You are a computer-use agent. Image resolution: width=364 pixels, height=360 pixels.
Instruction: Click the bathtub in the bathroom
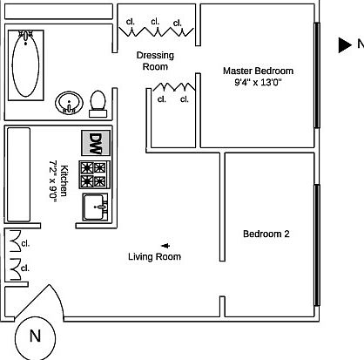(26, 65)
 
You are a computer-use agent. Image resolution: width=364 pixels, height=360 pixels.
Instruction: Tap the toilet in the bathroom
(98, 105)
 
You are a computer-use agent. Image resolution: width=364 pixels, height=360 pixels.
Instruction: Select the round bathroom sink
(69, 103)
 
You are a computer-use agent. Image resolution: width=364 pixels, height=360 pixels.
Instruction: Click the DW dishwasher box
(96, 143)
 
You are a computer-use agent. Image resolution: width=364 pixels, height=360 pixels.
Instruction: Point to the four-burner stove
(95, 175)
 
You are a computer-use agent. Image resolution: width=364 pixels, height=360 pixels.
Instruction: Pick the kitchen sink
(96, 207)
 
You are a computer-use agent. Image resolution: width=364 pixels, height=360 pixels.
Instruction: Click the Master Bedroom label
(258, 71)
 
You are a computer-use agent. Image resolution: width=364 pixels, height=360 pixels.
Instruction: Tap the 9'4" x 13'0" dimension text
(258, 82)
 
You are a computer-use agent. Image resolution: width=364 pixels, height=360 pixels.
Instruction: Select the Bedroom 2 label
(266, 234)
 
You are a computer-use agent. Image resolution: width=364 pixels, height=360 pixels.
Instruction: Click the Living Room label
(154, 256)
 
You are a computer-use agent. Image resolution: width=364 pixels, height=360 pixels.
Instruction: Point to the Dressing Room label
(155, 61)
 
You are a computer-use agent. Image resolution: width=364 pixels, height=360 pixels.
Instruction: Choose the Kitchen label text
(64, 180)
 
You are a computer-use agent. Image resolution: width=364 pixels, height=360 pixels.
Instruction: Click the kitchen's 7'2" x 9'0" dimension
(53, 180)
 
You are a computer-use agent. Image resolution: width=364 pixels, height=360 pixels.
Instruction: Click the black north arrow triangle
(345, 45)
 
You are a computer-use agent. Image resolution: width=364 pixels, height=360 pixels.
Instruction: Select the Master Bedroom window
(317, 75)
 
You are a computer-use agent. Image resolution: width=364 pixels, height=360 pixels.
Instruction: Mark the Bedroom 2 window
(317, 245)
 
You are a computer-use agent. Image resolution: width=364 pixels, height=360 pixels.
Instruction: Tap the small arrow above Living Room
(165, 246)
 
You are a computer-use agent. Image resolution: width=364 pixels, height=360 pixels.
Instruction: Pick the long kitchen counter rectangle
(18, 174)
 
